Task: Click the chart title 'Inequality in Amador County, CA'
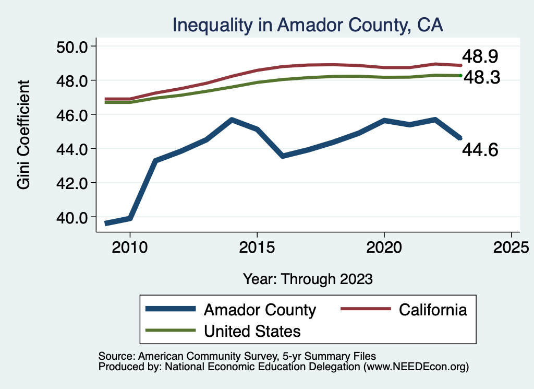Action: (308, 24)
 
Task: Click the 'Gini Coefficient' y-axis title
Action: (24, 134)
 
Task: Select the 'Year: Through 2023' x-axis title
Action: (308, 279)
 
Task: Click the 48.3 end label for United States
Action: (482, 78)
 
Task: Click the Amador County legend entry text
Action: (260, 310)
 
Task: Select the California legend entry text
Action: (433, 310)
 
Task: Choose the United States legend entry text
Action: (252, 331)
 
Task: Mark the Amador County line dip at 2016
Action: (282, 156)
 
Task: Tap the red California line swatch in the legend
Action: (366, 309)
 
